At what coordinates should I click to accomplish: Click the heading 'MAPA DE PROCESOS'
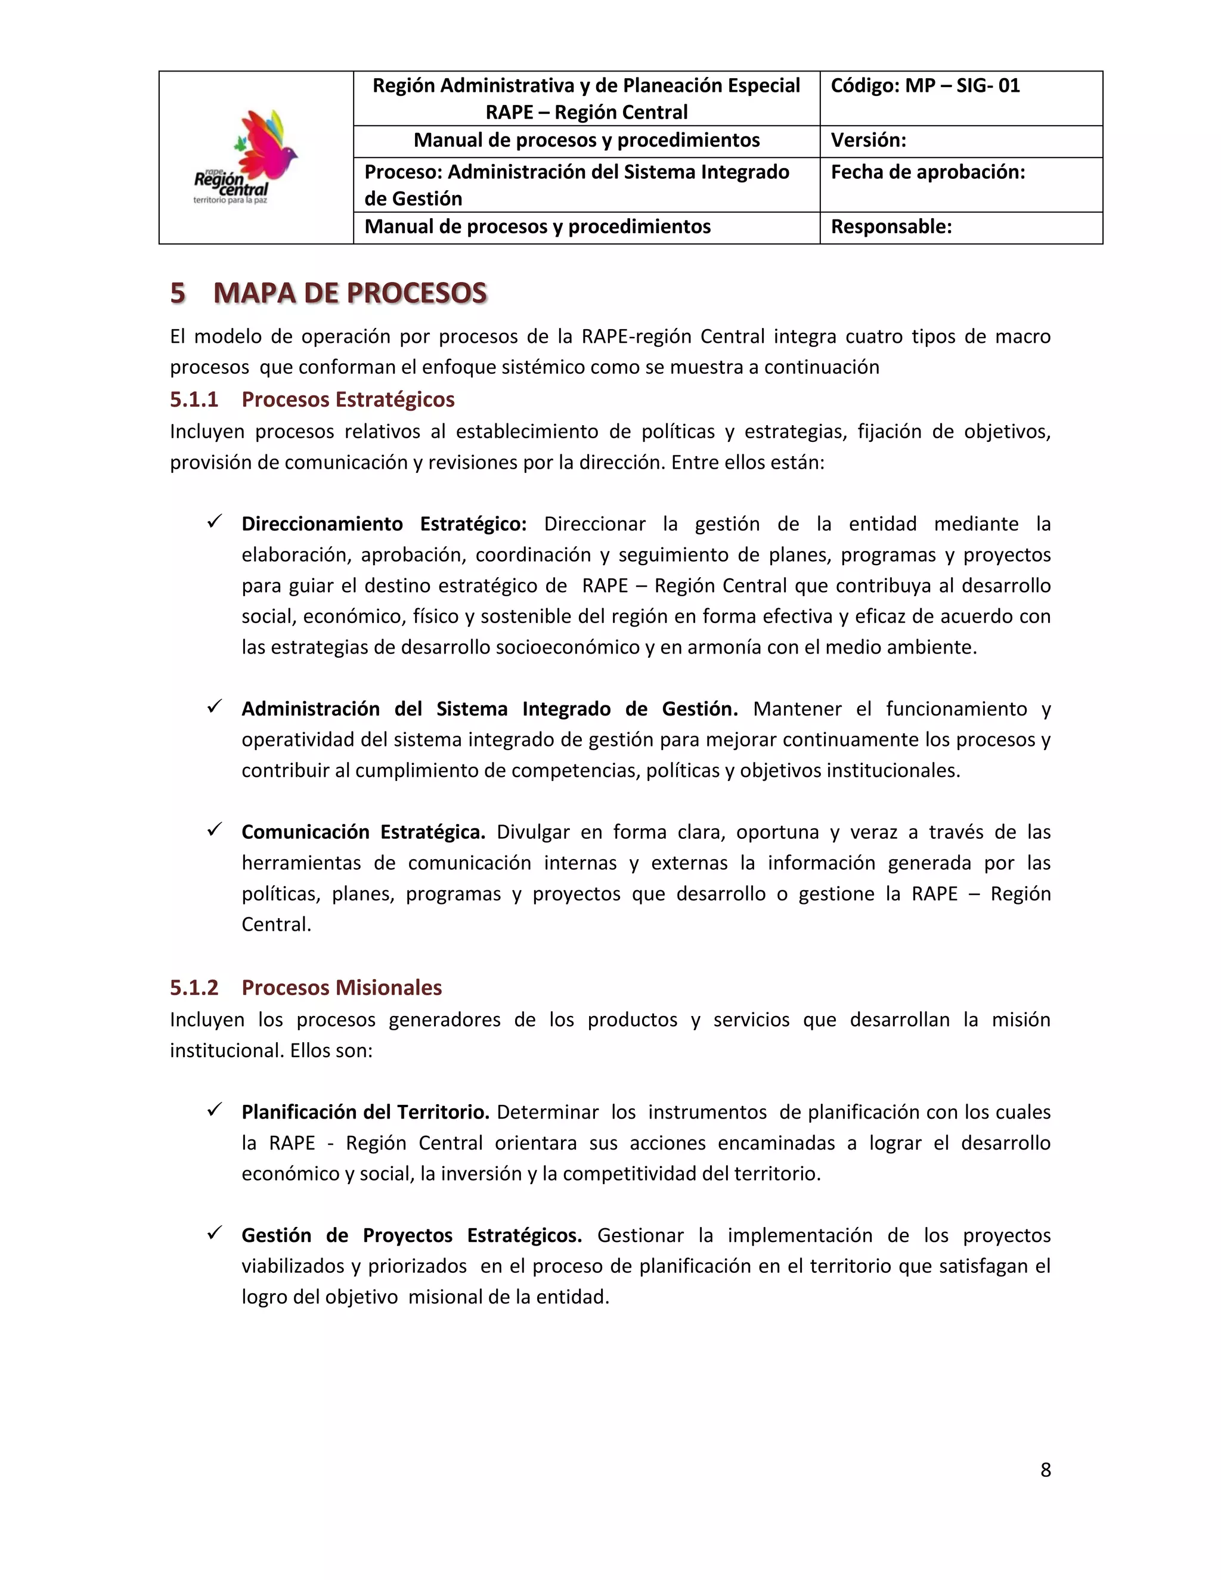click(350, 293)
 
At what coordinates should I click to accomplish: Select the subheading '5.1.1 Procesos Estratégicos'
click(312, 399)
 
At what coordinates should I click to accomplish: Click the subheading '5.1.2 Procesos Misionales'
click(305, 987)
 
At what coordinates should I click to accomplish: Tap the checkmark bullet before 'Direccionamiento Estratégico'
click(214, 522)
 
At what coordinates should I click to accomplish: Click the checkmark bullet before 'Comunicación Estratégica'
click(214, 830)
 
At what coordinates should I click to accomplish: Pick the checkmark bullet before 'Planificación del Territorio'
click(214, 1110)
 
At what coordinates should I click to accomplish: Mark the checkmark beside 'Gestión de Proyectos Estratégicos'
click(214, 1233)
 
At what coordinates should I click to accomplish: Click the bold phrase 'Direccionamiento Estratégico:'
click(384, 523)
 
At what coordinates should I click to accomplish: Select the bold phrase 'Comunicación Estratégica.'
click(363, 832)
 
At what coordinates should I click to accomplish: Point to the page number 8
click(1045, 1470)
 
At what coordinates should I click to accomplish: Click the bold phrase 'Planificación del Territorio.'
click(365, 1112)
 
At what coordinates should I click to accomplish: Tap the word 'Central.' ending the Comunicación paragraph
click(276, 925)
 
